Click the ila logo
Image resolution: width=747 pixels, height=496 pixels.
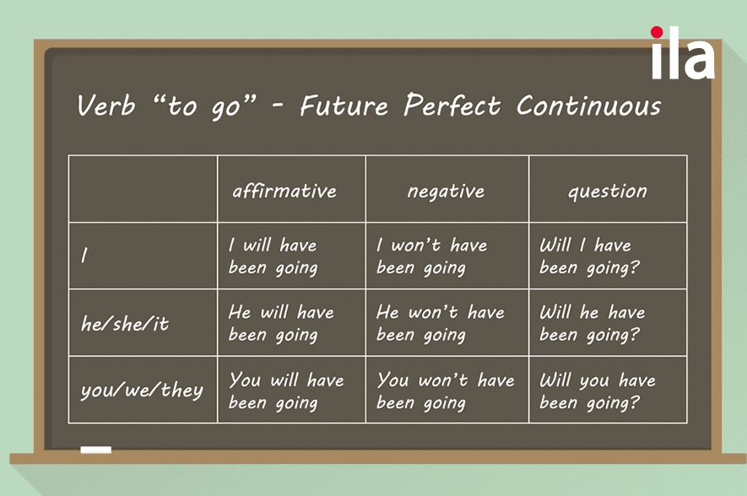[x=683, y=52]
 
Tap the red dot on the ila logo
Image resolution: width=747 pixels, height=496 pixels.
[x=657, y=32]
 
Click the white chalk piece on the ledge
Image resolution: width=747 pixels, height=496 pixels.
[x=95, y=450]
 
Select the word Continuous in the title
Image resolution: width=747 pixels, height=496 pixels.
[x=589, y=105]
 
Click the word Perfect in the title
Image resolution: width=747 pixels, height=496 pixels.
[x=452, y=105]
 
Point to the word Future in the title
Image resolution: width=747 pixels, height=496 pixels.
[x=344, y=105]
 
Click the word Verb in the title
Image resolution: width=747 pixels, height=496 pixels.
[x=106, y=105]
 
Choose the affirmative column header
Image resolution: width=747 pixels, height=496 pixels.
[x=284, y=191]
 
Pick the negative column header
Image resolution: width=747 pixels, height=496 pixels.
[x=446, y=191]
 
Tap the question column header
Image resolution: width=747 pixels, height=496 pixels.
[x=608, y=191]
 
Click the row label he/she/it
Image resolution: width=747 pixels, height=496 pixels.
[x=125, y=324]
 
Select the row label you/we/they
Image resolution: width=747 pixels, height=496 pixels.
[x=142, y=391]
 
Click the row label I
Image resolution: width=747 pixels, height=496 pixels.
[x=84, y=255]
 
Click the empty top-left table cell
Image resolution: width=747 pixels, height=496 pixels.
[x=143, y=188]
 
